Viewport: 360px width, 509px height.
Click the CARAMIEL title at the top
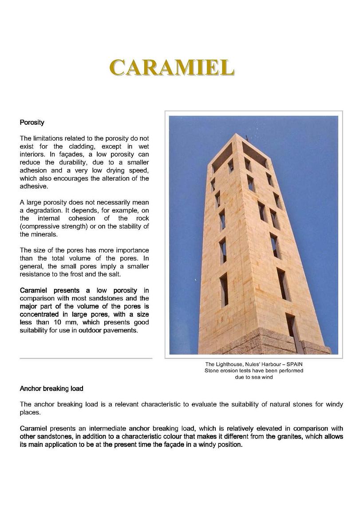pos(171,68)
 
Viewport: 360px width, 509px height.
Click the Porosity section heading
pos(32,122)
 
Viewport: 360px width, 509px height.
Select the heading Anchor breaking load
pos(51,389)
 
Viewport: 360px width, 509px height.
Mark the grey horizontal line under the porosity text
pos(86,358)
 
